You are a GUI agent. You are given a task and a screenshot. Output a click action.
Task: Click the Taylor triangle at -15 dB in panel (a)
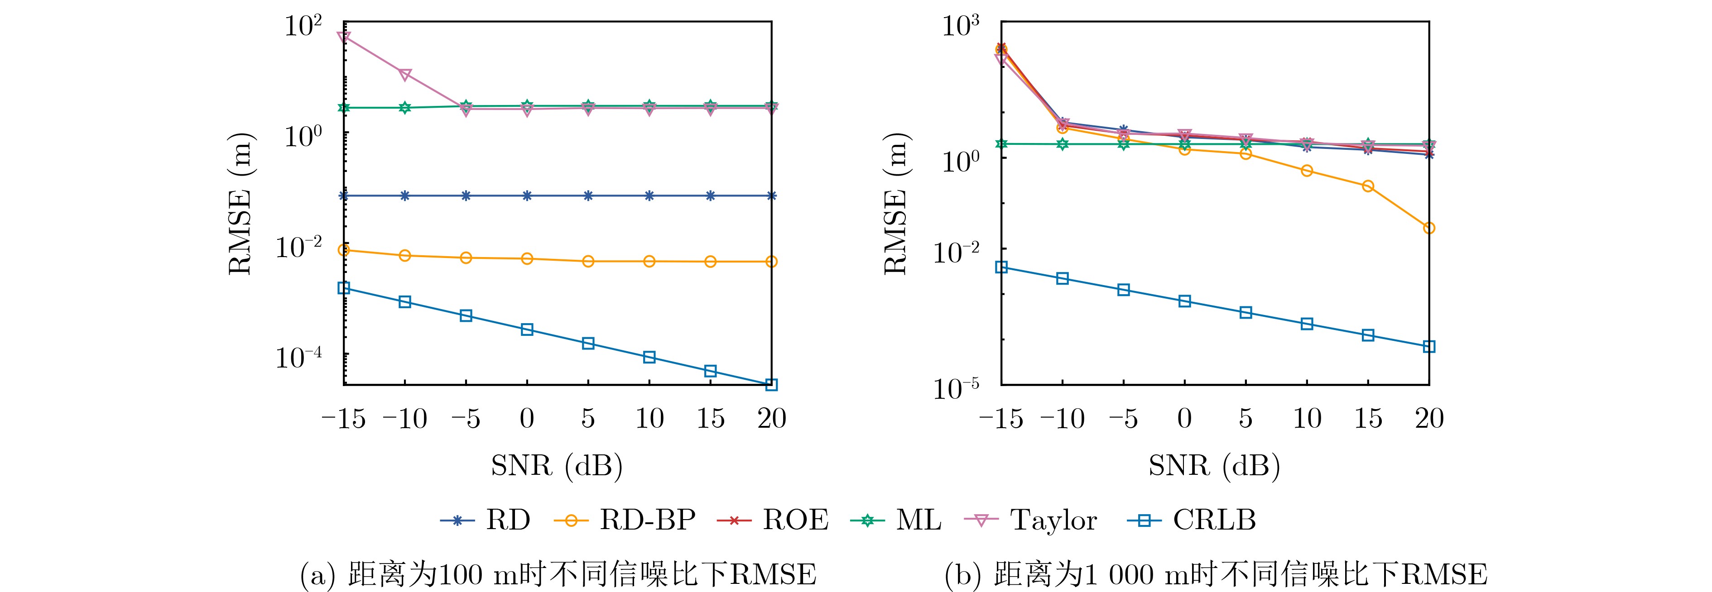click(344, 37)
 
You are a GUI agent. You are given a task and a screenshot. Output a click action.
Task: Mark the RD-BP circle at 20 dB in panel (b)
click(1429, 229)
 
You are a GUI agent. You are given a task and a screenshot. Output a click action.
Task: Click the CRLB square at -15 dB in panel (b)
click(1001, 267)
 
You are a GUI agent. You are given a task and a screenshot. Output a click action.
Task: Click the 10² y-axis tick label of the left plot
click(303, 27)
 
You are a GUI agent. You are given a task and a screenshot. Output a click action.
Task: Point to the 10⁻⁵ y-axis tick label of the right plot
click(957, 388)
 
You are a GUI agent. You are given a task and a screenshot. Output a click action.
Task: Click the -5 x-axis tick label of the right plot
click(1123, 419)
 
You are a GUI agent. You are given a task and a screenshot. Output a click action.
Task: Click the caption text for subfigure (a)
click(558, 574)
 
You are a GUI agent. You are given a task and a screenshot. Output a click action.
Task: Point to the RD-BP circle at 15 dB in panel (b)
click(1368, 186)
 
